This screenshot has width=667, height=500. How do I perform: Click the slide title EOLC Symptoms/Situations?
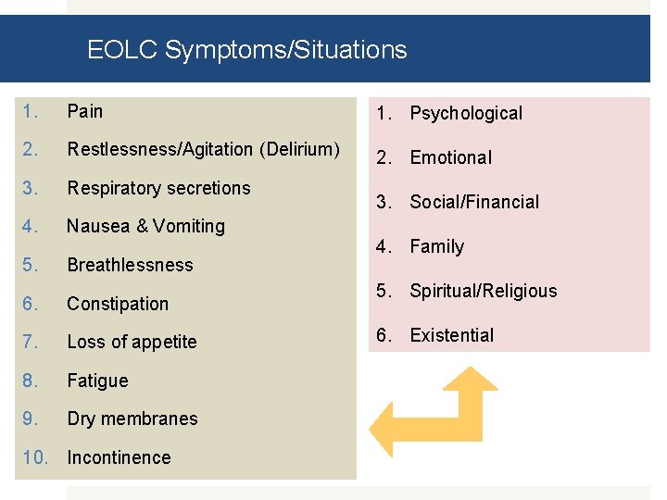point(246,49)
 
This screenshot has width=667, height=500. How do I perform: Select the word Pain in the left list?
point(84,111)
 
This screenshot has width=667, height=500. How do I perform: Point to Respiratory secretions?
point(158,188)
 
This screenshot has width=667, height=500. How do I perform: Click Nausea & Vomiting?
point(145,226)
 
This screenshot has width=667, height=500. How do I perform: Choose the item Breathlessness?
point(130,265)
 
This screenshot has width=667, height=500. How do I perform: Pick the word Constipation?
point(118,304)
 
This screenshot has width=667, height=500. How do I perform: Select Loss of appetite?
point(132,342)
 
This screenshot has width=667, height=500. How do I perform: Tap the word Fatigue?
point(97,381)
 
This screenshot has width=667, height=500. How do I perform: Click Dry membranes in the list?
point(132,419)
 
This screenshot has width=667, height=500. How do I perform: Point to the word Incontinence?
point(119,457)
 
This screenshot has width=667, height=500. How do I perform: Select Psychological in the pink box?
point(466,113)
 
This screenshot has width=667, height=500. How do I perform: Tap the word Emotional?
point(450,157)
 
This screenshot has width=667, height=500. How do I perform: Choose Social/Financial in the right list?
point(474,202)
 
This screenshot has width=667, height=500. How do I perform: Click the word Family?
point(436,246)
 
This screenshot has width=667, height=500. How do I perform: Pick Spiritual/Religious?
point(484,291)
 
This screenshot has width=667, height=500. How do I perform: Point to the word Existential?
point(451,335)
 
